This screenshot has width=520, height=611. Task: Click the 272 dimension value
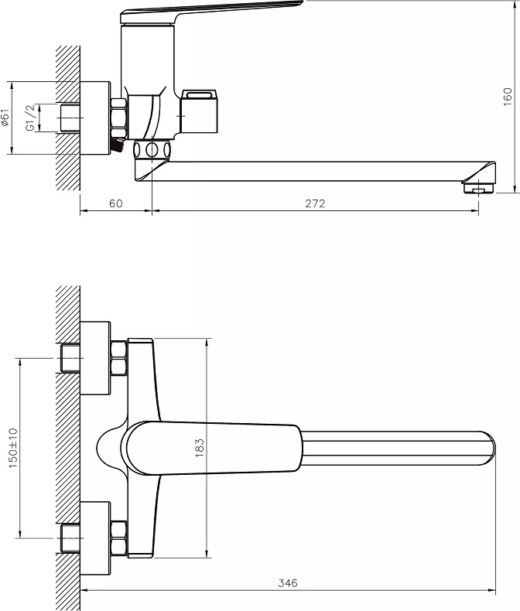[x=315, y=203]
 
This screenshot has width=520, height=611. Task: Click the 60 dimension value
[x=116, y=203]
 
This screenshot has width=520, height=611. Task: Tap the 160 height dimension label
[x=507, y=97]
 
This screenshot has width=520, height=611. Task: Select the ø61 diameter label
[x=5, y=118]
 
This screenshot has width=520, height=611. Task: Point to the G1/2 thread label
[x=31, y=118]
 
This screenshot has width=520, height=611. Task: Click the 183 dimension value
[x=199, y=448]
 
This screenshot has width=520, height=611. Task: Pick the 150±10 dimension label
[x=13, y=448]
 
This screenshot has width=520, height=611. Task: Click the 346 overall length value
[x=288, y=583]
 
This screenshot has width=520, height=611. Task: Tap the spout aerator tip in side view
[x=478, y=189]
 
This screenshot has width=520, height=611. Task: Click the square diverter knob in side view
[x=199, y=111]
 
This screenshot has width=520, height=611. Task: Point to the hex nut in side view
[x=118, y=118]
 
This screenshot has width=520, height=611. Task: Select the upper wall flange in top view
[x=95, y=358]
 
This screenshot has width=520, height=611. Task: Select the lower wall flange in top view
[x=95, y=538]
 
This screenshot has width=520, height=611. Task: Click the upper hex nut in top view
[x=119, y=358]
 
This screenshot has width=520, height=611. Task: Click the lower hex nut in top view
[x=119, y=538]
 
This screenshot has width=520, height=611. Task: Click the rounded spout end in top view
[x=489, y=448]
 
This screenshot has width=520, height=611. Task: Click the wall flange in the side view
[x=95, y=118]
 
